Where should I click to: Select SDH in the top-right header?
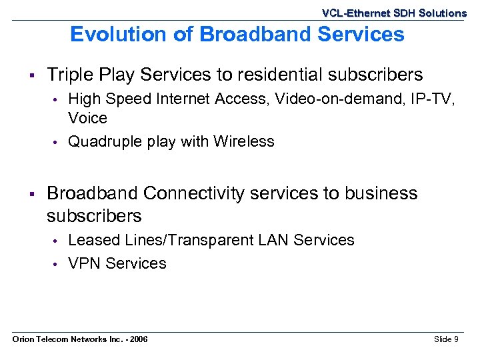click(x=407, y=13)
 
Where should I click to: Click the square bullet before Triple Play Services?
click(x=31, y=75)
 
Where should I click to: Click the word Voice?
click(x=87, y=118)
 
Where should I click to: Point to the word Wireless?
click(x=244, y=141)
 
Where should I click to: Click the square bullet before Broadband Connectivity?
click(x=31, y=193)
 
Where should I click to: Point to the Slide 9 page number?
click(x=446, y=340)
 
